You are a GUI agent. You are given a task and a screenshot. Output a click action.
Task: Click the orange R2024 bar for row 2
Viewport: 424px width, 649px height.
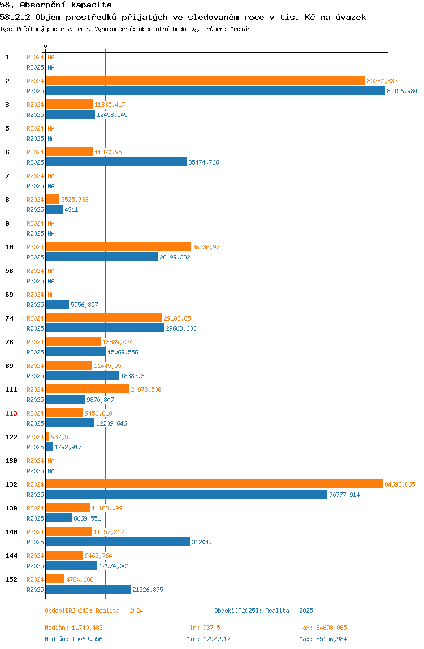coord(206,80)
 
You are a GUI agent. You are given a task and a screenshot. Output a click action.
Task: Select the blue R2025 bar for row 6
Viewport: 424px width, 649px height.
coord(116,162)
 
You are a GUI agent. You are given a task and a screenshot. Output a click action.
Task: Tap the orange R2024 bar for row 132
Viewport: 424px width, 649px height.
coord(214,484)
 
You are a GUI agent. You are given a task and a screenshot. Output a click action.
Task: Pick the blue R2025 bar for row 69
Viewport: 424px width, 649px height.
coord(58,304)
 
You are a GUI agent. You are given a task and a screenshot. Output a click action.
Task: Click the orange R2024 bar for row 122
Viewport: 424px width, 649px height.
coord(47,436)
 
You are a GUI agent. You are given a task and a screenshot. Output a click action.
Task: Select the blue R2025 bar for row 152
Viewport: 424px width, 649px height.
coord(89,589)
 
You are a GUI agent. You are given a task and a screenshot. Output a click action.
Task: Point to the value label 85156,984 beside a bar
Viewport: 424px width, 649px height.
coord(402,91)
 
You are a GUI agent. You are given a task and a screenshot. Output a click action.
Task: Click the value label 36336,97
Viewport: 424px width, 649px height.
coord(206,247)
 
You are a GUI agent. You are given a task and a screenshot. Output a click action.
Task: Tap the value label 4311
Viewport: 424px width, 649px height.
coord(71,210)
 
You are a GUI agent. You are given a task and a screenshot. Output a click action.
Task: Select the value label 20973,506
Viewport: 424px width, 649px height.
coord(146,390)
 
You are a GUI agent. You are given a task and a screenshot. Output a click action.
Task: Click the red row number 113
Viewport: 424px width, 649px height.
coord(11,413)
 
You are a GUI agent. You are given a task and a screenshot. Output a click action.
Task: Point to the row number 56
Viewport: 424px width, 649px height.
coord(9,271)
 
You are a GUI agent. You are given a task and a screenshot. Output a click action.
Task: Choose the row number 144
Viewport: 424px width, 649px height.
coord(11,556)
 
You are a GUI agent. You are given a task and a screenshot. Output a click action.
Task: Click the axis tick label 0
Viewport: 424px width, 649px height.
coord(46,46)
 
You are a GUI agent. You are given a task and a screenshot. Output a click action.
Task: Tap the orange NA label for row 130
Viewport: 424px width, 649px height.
coord(51,461)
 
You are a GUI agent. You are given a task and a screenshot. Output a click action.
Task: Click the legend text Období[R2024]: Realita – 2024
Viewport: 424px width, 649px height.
coord(94,611)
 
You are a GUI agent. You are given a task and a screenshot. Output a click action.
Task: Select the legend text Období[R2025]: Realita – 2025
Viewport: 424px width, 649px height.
coord(264,611)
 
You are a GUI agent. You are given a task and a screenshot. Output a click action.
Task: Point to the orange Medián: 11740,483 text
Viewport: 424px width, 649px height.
coord(73,628)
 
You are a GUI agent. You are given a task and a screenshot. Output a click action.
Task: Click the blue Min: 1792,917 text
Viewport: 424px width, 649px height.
coord(208,639)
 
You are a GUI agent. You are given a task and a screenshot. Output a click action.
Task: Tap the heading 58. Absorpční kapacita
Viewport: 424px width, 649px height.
coord(56,5)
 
